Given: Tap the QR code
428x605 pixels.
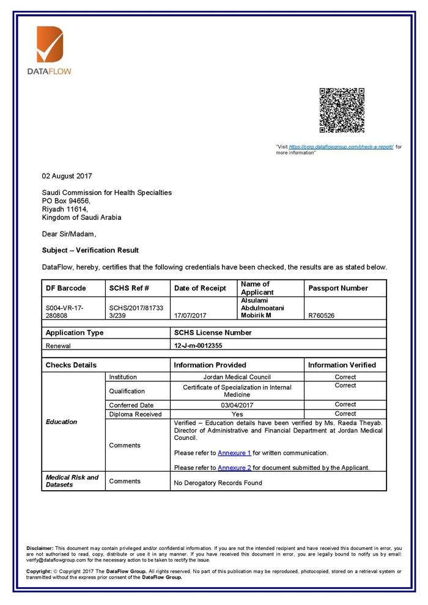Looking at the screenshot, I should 342,110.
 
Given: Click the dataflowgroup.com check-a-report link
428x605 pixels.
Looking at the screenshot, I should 341,147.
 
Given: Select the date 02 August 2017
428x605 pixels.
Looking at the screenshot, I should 67,176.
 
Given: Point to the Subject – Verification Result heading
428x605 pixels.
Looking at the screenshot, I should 90,250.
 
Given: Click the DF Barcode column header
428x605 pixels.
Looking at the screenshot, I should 66,288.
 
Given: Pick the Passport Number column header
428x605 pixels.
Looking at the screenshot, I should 338,288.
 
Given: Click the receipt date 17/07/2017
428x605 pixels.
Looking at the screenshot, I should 190,315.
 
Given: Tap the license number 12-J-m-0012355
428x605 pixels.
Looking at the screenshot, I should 198,345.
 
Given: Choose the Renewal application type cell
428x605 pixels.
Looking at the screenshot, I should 59,345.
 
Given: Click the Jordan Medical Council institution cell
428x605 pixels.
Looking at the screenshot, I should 237,377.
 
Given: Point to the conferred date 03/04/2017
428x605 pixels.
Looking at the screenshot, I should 237,405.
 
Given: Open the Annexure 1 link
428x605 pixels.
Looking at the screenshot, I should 234,453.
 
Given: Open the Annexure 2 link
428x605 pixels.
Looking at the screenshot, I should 234,468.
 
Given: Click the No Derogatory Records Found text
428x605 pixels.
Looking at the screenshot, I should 218,483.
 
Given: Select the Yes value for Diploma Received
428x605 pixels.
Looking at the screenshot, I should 237,414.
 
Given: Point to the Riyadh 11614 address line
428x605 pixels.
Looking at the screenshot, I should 65,209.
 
